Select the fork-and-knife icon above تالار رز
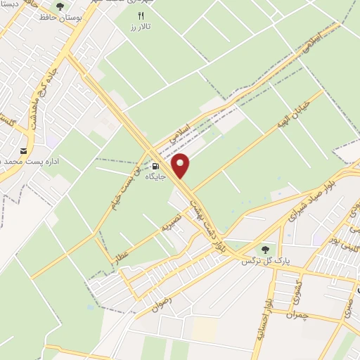(x=141, y=15)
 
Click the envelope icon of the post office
(x=25, y=151)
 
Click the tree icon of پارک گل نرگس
(x=265, y=250)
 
